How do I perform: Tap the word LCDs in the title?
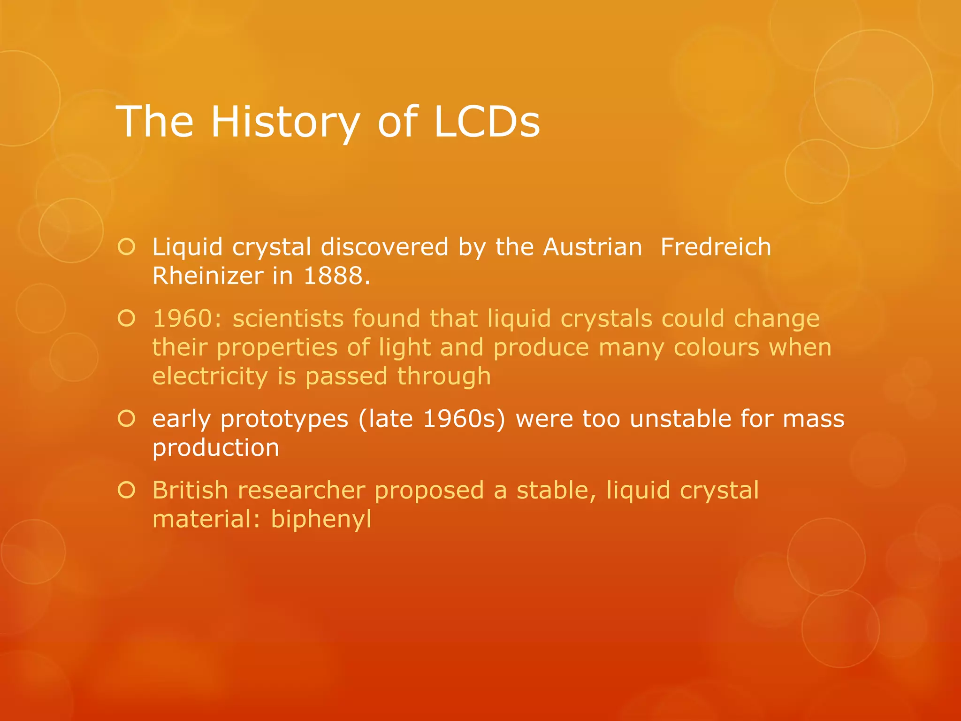click(x=487, y=122)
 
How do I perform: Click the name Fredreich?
click(x=716, y=247)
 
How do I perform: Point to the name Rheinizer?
click(x=207, y=276)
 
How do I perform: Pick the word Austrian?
click(x=593, y=247)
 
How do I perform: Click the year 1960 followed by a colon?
click(x=187, y=319)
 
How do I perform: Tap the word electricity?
click(x=210, y=376)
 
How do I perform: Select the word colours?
click(x=716, y=348)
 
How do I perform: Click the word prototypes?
click(x=284, y=419)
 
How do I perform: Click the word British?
click(x=190, y=491)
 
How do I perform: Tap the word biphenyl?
click(x=321, y=520)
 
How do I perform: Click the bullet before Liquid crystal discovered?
click(x=127, y=247)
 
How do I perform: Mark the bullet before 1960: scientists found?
click(x=127, y=319)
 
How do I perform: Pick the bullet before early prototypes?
click(x=127, y=419)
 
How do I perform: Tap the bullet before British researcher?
click(x=127, y=491)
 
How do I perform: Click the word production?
click(x=216, y=448)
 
